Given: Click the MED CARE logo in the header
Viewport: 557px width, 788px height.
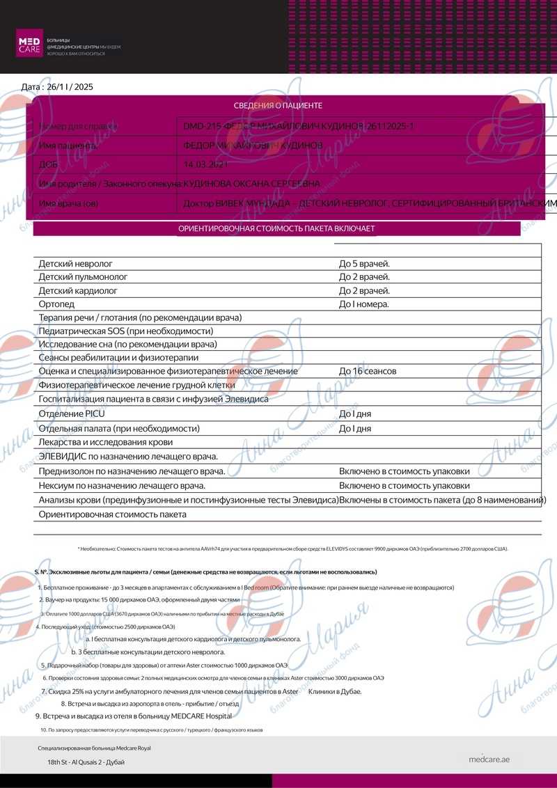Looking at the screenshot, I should [x=30, y=44].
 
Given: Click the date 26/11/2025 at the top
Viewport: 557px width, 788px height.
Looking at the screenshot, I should [x=57, y=87].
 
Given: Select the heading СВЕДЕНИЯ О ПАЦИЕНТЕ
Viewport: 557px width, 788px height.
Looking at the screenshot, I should [x=278, y=106].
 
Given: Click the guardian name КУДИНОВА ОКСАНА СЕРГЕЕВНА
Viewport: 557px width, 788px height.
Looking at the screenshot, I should [x=251, y=184].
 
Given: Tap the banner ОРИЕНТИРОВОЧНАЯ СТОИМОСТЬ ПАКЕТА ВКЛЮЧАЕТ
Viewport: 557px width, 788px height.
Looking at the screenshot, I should [x=277, y=228].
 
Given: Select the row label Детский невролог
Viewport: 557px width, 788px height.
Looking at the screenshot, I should [x=76, y=265].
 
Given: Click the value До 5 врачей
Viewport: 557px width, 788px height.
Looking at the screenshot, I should [x=364, y=265].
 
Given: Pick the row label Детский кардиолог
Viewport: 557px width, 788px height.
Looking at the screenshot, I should [x=78, y=291].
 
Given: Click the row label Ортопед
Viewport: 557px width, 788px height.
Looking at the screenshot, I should [x=56, y=304].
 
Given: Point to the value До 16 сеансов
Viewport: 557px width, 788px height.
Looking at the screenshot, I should [x=368, y=371].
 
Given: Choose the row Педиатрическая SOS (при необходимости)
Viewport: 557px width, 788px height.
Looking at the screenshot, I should [x=126, y=331].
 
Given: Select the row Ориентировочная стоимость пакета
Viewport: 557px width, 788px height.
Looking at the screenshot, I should [x=113, y=514].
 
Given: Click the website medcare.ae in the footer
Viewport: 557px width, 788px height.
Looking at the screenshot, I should [x=489, y=759].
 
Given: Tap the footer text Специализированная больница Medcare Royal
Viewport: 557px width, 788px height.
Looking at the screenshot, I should [x=94, y=748].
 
